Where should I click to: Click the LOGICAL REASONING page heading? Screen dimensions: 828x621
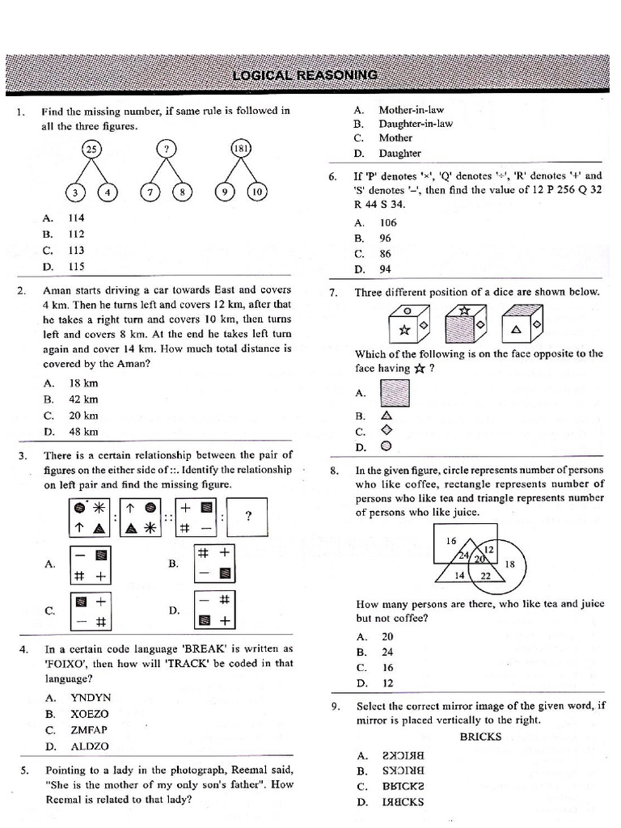coord(305,75)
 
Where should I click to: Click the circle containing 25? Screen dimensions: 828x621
coord(91,150)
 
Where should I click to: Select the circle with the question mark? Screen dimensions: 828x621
coord(167,150)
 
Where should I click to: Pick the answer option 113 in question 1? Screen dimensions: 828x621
coord(76,250)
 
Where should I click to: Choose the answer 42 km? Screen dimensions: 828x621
coord(83,399)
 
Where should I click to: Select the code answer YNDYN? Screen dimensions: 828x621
coord(91,697)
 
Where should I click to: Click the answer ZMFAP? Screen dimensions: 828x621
coord(89,729)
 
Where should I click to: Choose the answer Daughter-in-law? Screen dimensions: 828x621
coord(416,124)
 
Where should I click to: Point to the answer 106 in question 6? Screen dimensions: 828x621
coord(388,222)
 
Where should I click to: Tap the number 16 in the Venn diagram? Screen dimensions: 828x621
coord(451,540)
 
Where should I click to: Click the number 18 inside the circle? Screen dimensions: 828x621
coord(510,564)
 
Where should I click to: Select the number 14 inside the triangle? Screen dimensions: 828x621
coord(458,575)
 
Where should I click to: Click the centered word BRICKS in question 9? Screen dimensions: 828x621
coord(480,737)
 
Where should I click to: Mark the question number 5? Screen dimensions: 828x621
coord(24,771)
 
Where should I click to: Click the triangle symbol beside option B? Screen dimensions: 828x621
coord(386,416)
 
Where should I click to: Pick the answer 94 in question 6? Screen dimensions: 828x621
coord(386,269)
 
